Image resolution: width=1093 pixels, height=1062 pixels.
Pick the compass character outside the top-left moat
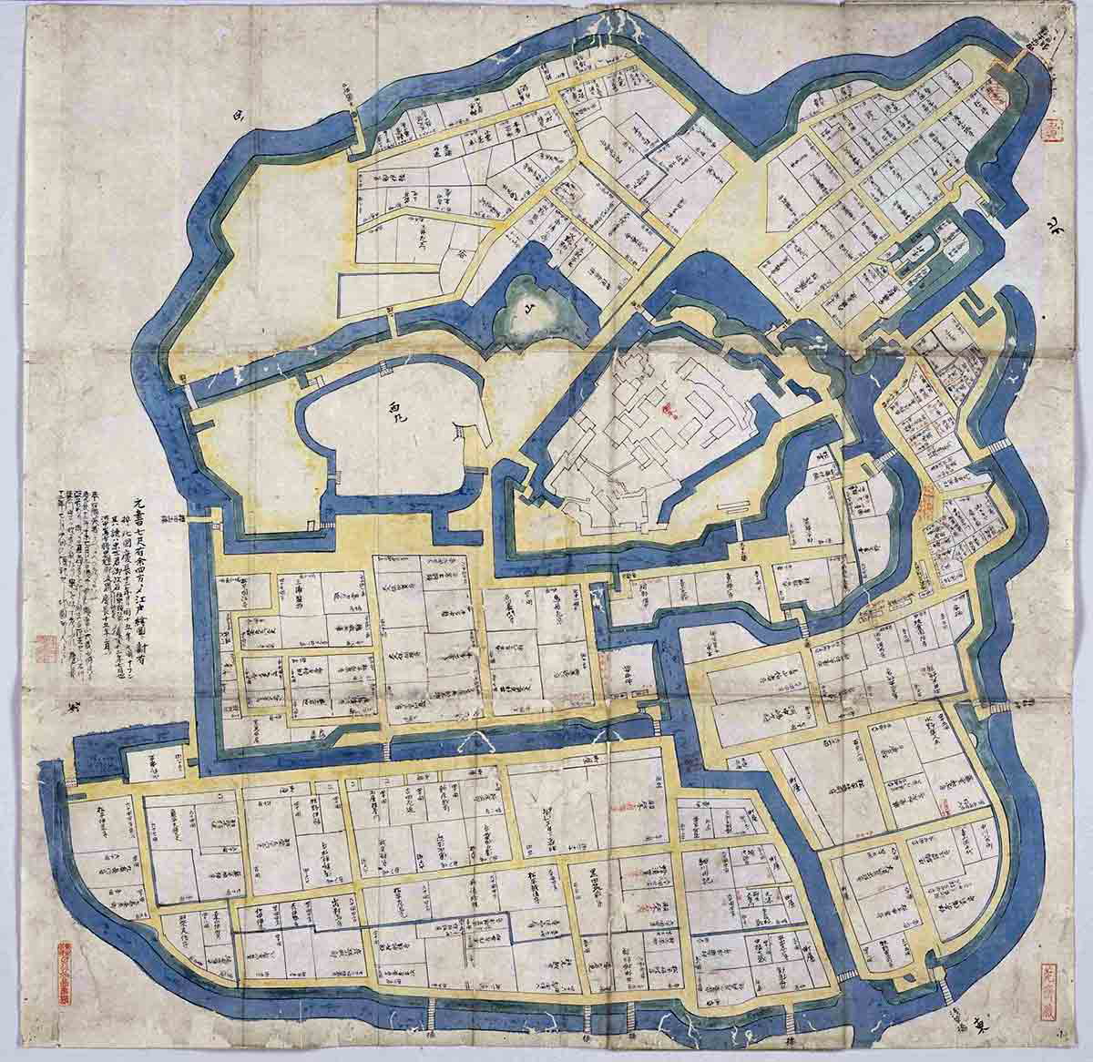click(240, 116)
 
